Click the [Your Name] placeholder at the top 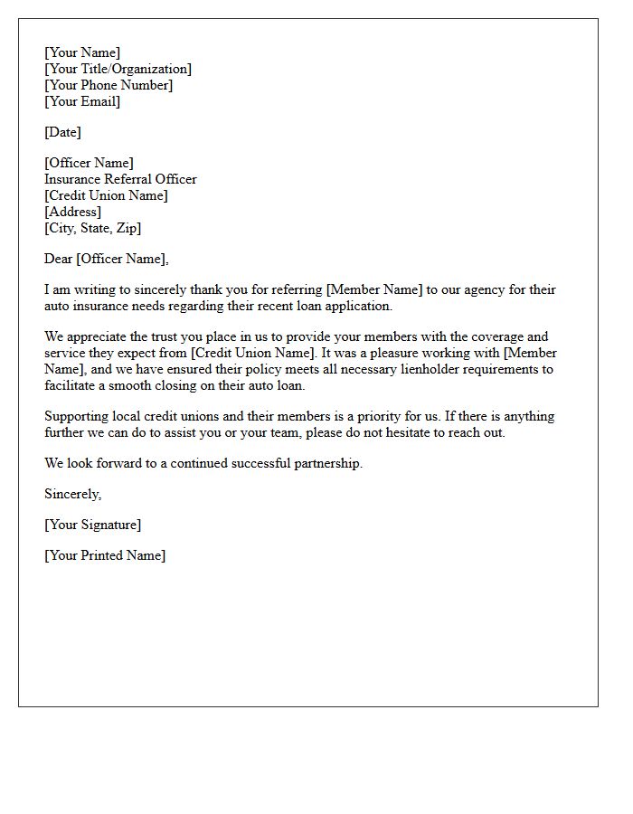[x=82, y=52]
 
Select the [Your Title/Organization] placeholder [x=118, y=69]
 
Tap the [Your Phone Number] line [x=109, y=85]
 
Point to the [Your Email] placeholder [x=82, y=101]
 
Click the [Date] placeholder [x=62, y=132]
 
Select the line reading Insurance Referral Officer [x=120, y=179]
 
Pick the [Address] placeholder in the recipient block [x=72, y=212]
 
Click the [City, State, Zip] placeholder [x=92, y=228]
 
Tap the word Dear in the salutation [x=58, y=259]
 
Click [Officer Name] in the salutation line [x=122, y=259]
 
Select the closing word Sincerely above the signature [x=72, y=494]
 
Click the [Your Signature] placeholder [x=92, y=525]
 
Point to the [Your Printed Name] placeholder [x=105, y=555]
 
